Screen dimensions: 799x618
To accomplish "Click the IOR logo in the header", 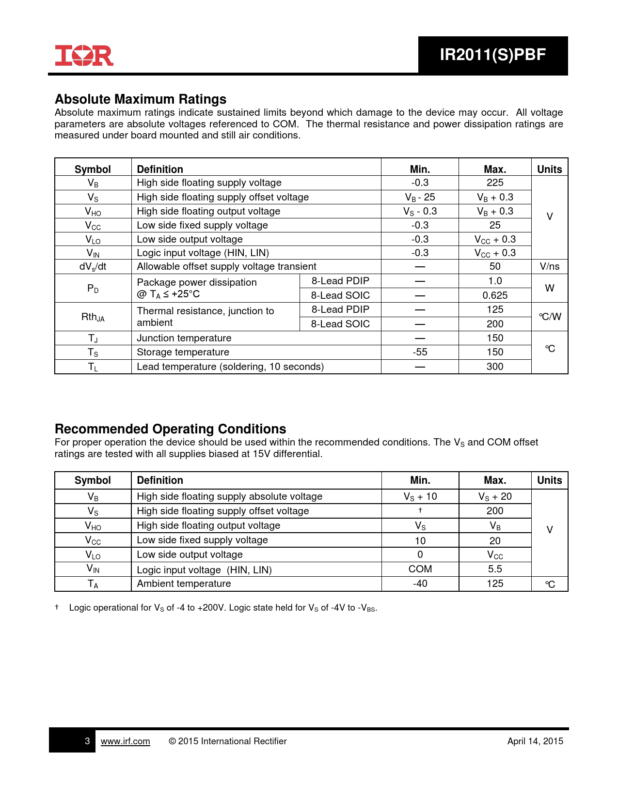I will (x=84, y=56).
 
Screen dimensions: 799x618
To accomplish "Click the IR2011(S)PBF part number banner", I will (x=492, y=55).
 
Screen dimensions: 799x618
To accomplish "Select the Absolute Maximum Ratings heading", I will (x=141, y=99).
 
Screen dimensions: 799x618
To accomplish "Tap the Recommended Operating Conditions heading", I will (x=170, y=429).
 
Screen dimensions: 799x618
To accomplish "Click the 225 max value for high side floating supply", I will (x=495, y=183).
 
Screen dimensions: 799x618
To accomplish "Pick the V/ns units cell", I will (x=549, y=266).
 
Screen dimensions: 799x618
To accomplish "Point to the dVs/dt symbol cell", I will (x=93, y=266).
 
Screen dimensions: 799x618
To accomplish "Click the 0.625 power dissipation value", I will (x=495, y=295).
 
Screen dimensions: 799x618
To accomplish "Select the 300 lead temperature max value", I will (x=495, y=367).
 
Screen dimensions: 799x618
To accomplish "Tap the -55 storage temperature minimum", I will (x=420, y=352).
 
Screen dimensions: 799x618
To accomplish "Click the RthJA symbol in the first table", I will (x=93, y=317).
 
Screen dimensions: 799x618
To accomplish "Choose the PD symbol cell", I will (x=93, y=289).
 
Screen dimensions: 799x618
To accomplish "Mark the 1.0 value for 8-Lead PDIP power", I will (x=495, y=281).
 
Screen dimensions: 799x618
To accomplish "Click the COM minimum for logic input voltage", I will (x=420, y=569).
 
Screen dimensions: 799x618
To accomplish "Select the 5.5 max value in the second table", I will (x=495, y=569).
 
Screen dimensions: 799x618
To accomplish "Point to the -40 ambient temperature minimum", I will (x=420, y=584).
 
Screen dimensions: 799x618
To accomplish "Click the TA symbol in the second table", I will (x=93, y=584).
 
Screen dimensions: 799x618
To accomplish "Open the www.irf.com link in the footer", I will (x=125, y=741).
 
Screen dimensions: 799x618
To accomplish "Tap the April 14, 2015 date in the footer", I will (x=535, y=741).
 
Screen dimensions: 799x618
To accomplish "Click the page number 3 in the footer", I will (x=87, y=741).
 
